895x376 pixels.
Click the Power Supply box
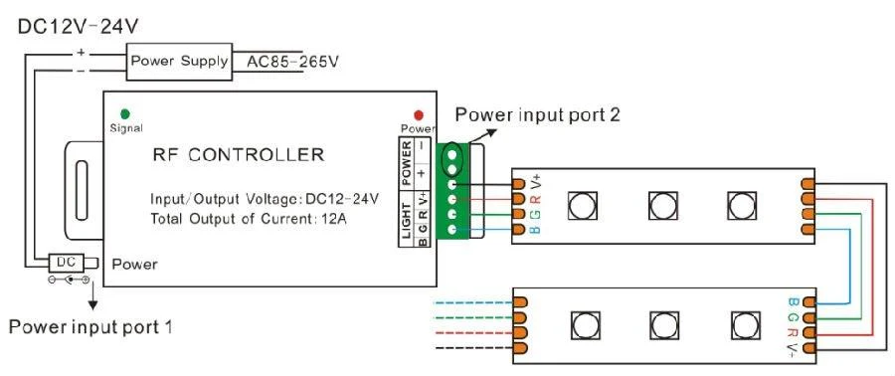[x=179, y=61]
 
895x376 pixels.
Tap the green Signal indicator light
[x=125, y=114]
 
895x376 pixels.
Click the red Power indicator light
[x=419, y=115]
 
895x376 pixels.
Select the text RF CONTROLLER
[x=238, y=154]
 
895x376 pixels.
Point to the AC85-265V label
[x=291, y=61]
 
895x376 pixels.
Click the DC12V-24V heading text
[x=79, y=26]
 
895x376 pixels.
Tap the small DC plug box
[x=67, y=262]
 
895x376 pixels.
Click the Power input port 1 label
[x=90, y=327]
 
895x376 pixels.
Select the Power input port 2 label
[x=537, y=114]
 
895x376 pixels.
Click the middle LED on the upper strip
[x=662, y=205]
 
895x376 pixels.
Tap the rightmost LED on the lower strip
[x=747, y=326]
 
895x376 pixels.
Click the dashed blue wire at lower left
[x=473, y=302]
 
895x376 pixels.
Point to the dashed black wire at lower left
[x=473, y=347]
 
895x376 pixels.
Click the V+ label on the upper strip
[x=536, y=183]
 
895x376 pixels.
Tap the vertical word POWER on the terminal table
[x=407, y=164]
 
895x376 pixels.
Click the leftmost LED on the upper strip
[x=583, y=205]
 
